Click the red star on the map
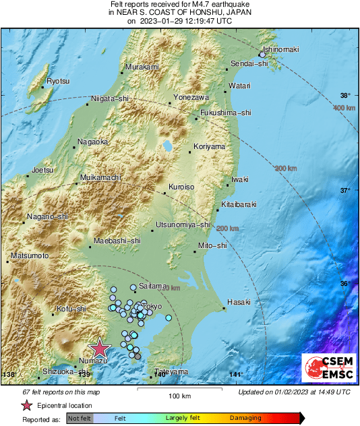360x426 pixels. pyautogui.click(x=100, y=348)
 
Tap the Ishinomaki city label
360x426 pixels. pyautogui.click(x=280, y=50)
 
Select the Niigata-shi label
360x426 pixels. pyautogui.click(x=111, y=99)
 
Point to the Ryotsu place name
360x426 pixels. pyautogui.click(x=58, y=82)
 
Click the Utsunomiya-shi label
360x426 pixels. pyautogui.click(x=183, y=224)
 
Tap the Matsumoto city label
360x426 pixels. pyautogui.click(x=30, y=256)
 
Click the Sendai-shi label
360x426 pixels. pyautogui.click(x=249, y=63)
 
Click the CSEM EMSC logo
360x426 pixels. pyautogui.click(x=326, y=369)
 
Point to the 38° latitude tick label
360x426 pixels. pyautogui.click(x=345, y=96)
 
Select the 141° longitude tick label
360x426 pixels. pyautogui.click(x=236, y=375)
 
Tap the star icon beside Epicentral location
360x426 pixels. pyautogui.click(x=27, y=405)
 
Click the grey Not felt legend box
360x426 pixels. pyautogui.click(x=79, y=419)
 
